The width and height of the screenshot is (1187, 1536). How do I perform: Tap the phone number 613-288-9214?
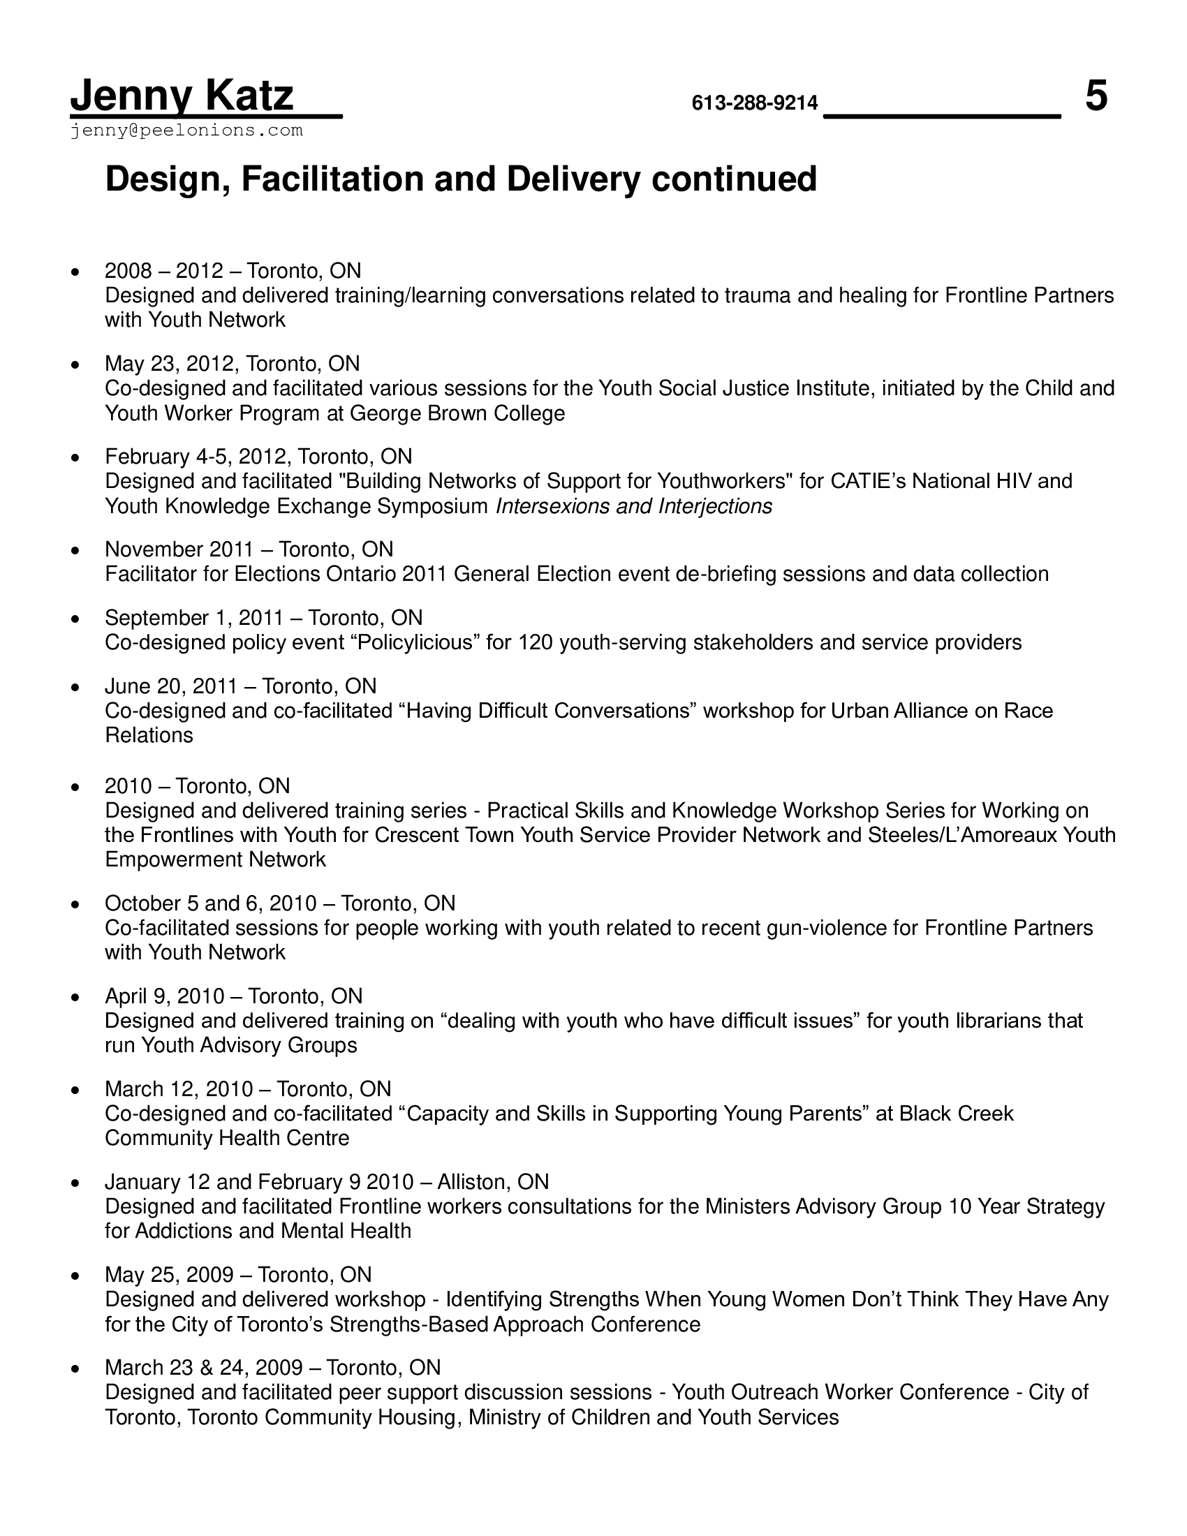click(x=755, y=103)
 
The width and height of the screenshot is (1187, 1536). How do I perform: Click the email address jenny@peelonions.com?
click(x=186, y=131)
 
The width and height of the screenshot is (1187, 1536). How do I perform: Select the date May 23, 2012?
click(x=170, y=364)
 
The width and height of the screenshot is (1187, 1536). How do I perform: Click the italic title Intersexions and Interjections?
click(x=633, y=506)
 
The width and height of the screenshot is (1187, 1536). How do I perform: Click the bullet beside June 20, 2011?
click(x=75, y=687)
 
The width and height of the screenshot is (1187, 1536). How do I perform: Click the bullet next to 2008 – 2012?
click(x=75, y=272)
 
